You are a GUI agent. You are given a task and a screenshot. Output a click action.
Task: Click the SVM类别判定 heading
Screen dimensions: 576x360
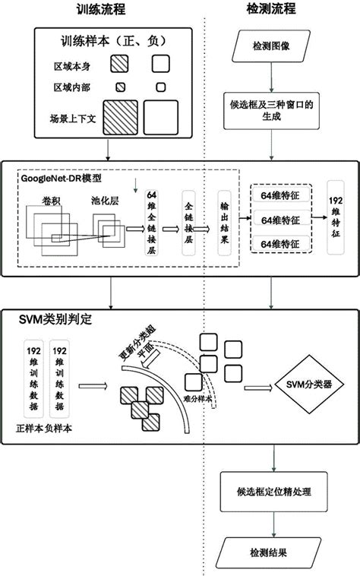(x=55, y=320)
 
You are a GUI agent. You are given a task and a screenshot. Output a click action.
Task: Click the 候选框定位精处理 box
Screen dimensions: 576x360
(x=273, y=491)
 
